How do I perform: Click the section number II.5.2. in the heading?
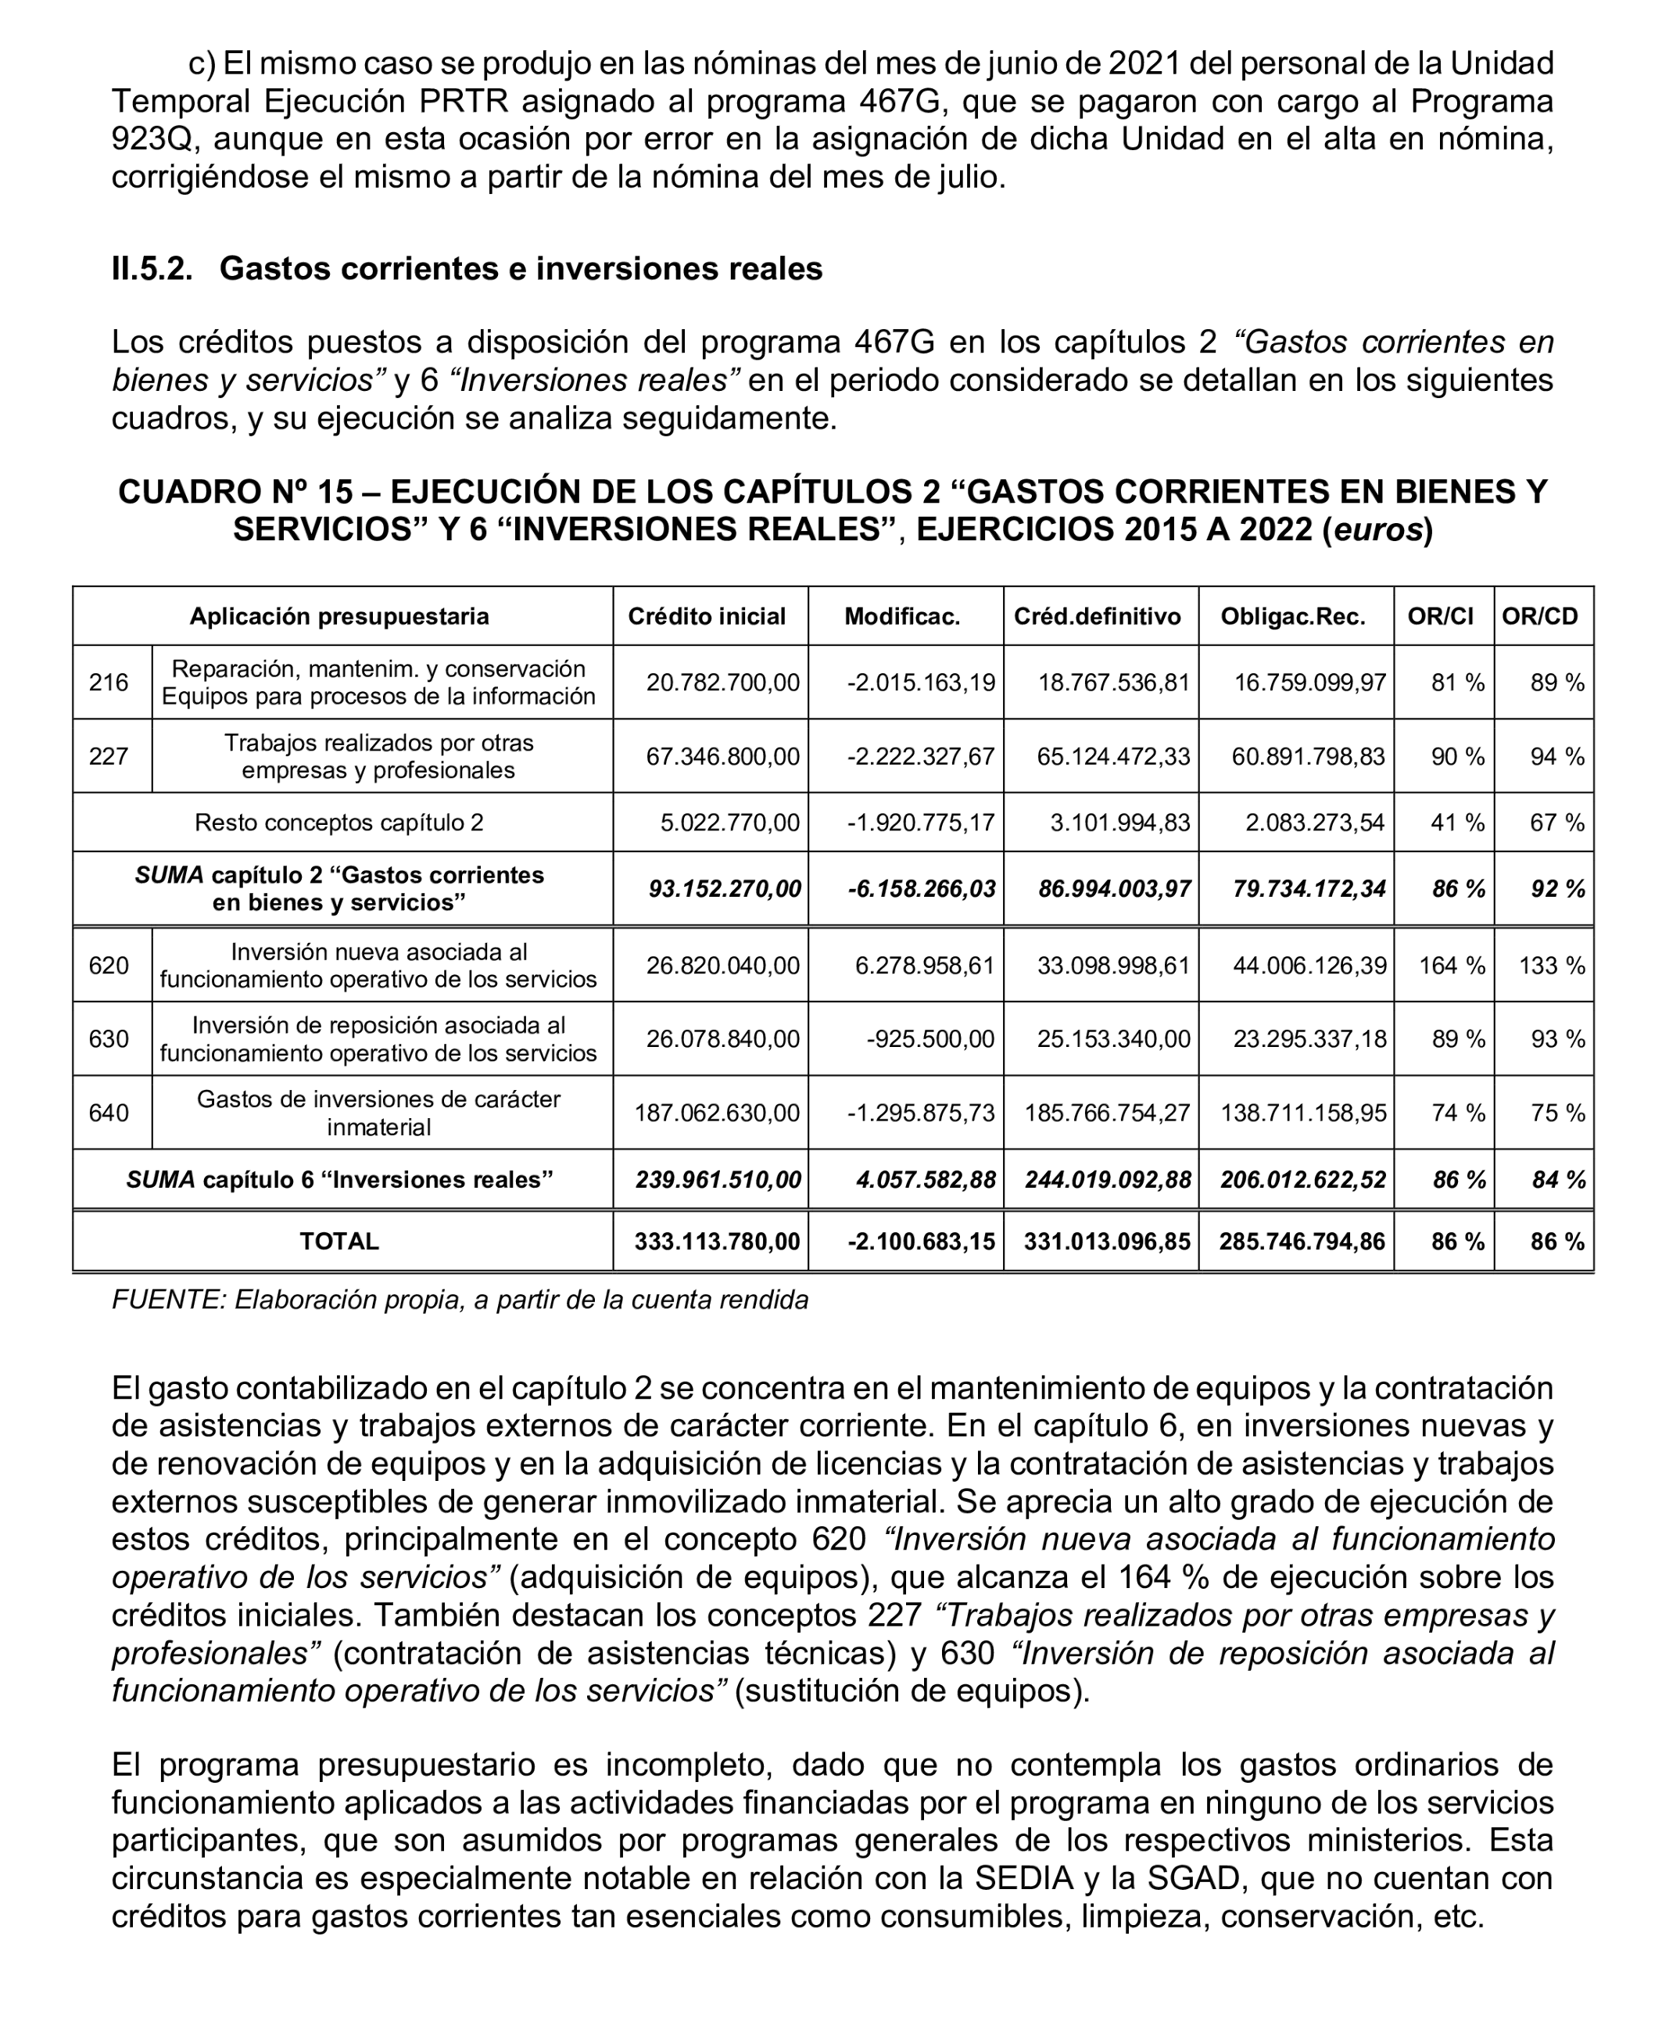pos(151,269)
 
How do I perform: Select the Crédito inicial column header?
pos(707,616)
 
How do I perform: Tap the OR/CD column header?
pos(1539,616)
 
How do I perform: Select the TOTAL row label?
pos(339,1242)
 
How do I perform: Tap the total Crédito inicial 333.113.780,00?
pos(716,1242)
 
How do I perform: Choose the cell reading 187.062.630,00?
pos(716,1113)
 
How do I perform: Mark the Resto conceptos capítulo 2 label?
pos(339,823)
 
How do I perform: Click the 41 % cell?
pos(1457,823)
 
